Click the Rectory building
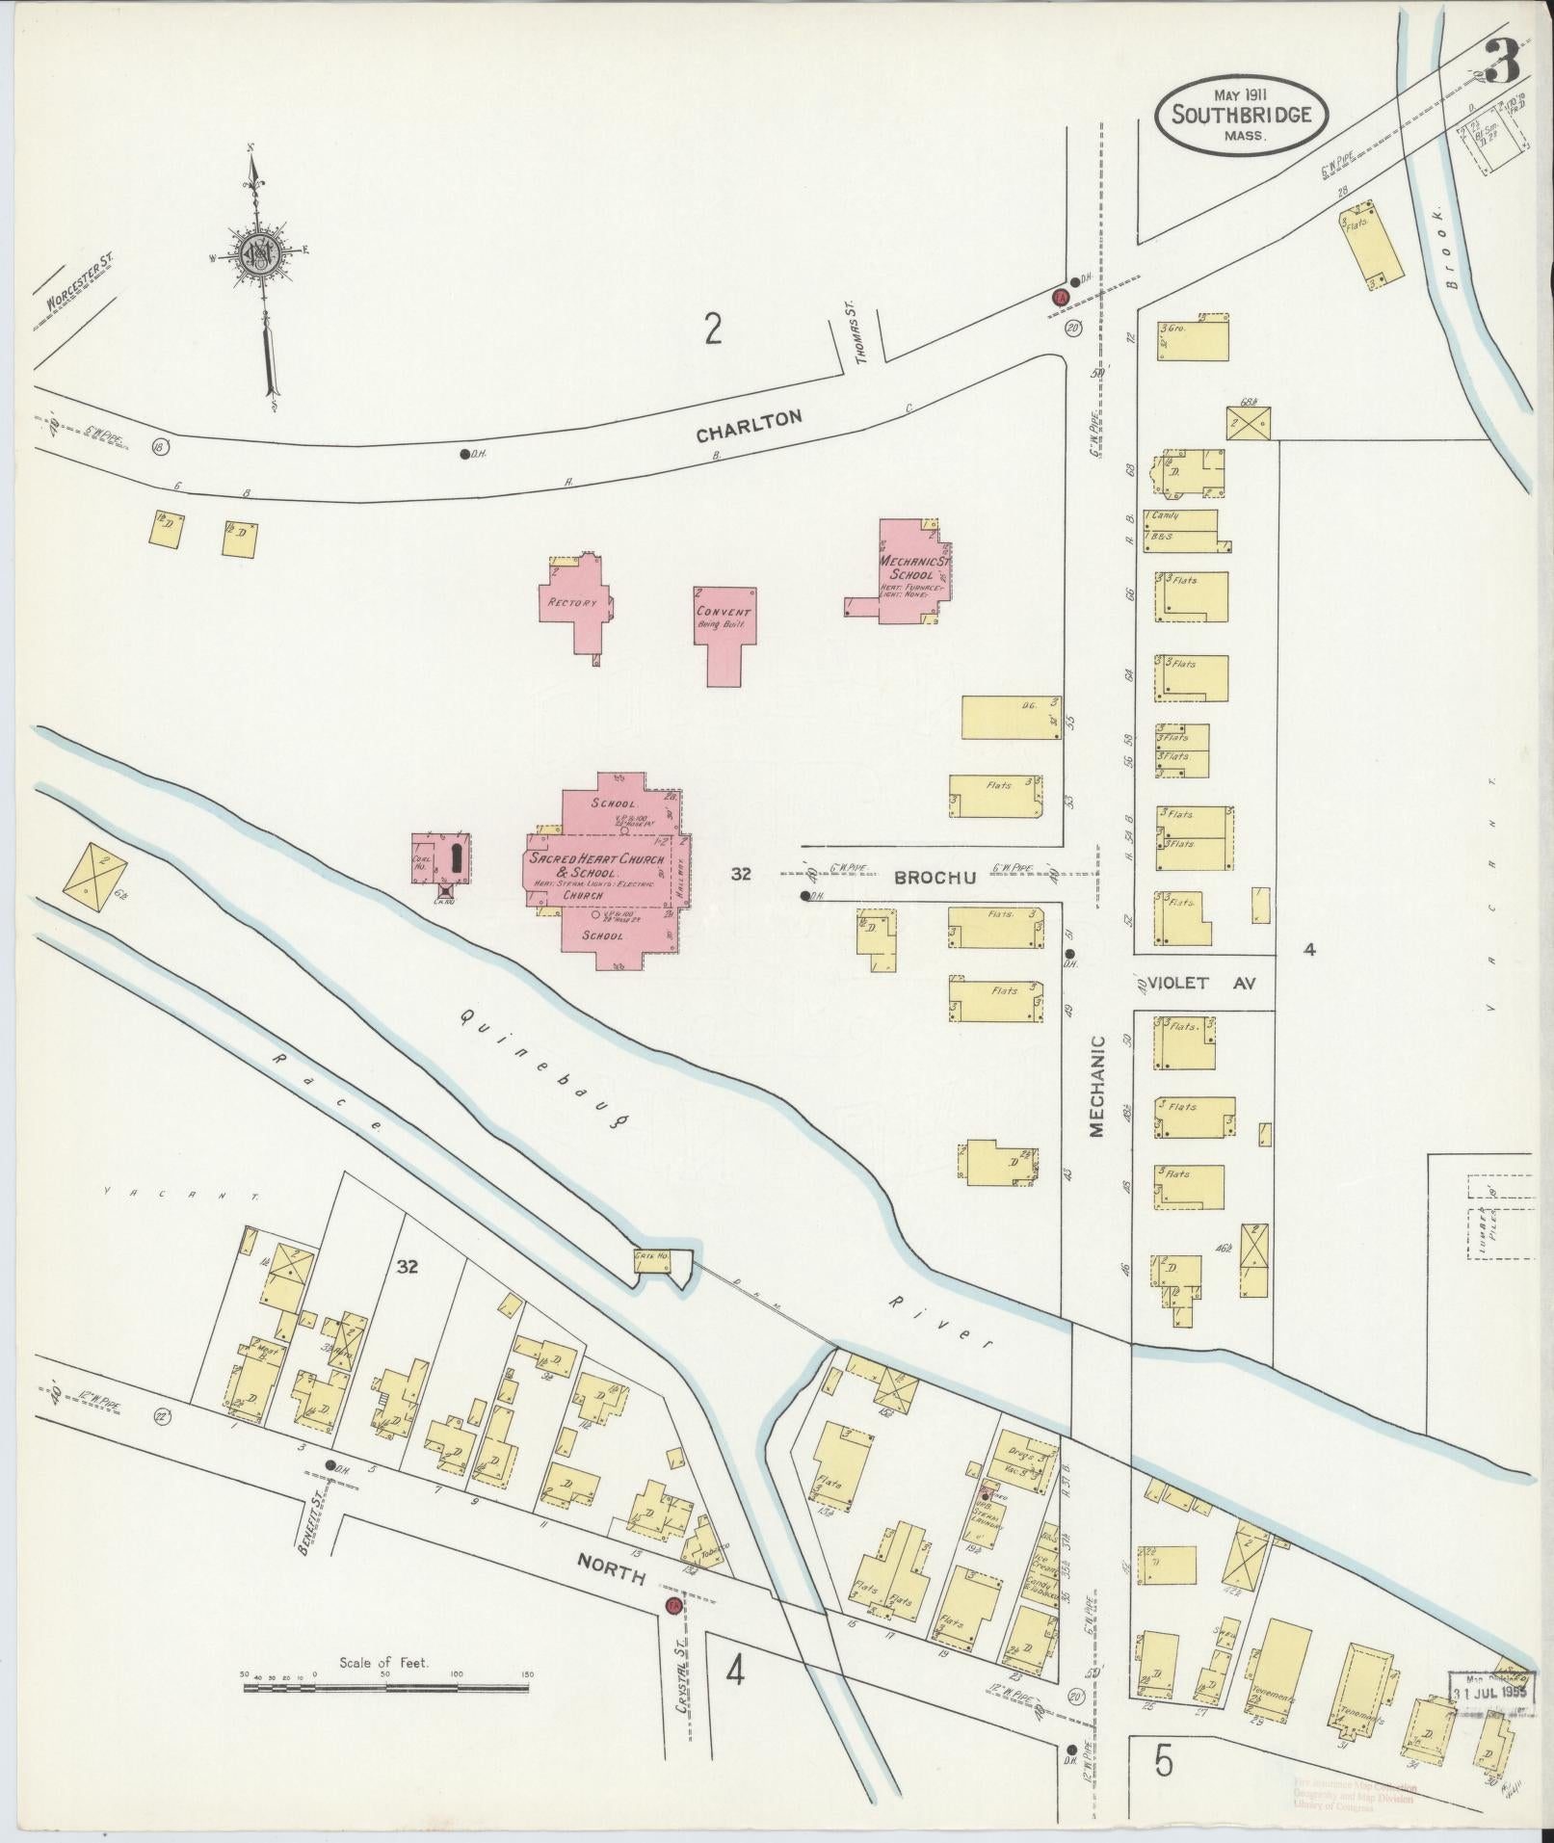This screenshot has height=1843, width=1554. (574, 603)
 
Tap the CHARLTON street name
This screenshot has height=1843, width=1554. (749, 427)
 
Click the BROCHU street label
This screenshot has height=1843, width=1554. (935, 877)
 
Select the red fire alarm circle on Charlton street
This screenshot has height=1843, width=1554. (1060, 297)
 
